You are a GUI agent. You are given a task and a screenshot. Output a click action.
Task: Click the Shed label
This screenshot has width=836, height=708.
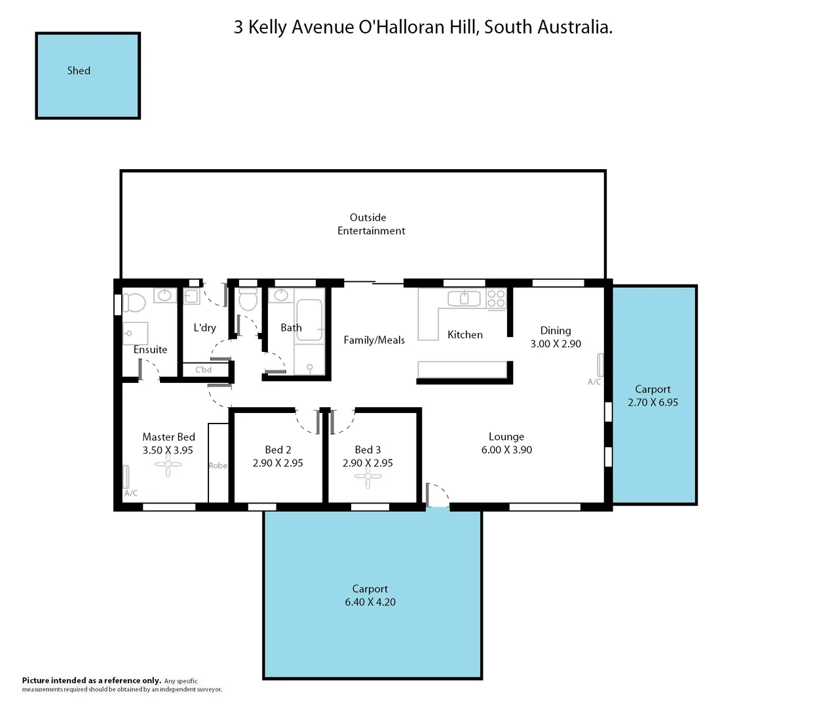coord(79,71)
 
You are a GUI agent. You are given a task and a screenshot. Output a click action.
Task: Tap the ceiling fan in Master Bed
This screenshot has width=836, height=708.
coord(168,465)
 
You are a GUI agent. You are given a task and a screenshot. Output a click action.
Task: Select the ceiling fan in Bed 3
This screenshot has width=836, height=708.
coord(368,478)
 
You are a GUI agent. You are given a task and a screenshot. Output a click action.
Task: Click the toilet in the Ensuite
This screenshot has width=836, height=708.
coord(134,302)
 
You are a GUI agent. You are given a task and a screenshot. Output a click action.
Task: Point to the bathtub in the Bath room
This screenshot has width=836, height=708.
coord(309,321)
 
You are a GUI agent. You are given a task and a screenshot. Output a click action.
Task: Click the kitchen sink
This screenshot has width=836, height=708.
coord(464,299)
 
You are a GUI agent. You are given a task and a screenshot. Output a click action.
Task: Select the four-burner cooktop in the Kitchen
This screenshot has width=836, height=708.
coord(496,298)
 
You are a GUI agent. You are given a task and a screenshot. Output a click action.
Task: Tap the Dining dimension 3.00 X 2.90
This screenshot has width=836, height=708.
coord(556,344)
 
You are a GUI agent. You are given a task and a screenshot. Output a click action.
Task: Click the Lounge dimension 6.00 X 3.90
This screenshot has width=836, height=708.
coord(506,450)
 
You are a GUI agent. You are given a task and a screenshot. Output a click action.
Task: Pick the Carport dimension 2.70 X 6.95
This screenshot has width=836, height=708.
coord(653,403)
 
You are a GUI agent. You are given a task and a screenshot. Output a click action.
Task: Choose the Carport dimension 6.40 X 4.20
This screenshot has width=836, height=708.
coord(370,602)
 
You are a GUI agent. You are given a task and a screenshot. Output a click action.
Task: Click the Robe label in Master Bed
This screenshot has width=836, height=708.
coord(218,465)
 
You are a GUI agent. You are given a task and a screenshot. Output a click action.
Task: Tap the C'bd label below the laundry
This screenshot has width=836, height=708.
coord(203,370)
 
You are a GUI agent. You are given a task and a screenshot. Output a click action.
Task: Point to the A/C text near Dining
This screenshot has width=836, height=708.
coord(594,382)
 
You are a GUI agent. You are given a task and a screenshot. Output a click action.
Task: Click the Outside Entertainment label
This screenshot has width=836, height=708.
coord(371,224)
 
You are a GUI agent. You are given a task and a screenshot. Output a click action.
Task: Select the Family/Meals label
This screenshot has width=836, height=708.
coord(374,340)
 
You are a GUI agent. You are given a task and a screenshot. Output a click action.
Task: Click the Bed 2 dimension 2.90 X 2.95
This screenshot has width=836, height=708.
coord(278,463)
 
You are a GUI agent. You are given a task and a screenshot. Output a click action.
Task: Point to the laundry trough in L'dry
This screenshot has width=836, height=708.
coord(191,296)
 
